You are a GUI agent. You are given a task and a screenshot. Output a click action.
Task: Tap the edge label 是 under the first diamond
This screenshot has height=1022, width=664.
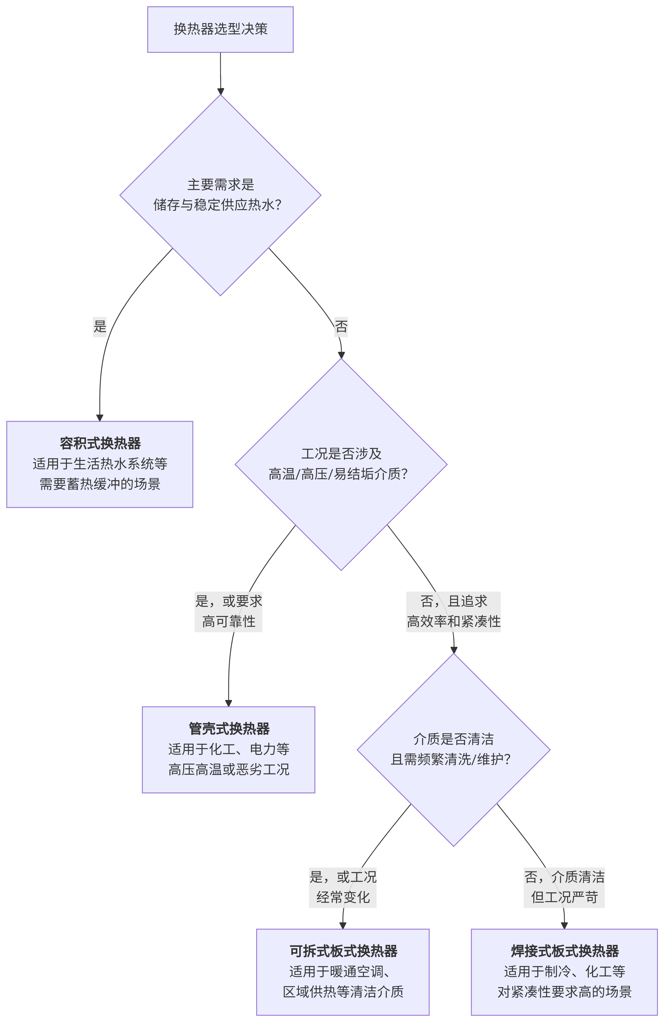(100, 326)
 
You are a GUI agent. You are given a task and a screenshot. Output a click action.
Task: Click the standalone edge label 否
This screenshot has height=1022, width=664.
(341, 326)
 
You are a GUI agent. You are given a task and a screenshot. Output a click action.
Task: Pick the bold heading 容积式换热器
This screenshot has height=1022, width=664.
(100, 443)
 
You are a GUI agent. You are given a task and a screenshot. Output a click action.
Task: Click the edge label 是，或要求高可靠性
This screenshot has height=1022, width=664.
(229, 611)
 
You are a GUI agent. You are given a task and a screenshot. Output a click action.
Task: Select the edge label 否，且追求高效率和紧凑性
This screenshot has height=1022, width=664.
(453, 611)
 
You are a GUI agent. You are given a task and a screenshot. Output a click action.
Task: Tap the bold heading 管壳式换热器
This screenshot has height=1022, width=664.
(229, 729)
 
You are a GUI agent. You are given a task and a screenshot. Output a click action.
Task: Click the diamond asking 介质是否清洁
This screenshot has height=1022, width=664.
(453, 750)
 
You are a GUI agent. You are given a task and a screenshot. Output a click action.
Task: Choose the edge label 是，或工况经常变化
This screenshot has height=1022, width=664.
(343, 887)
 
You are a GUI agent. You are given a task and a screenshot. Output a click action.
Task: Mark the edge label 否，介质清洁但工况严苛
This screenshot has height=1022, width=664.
(564, 887)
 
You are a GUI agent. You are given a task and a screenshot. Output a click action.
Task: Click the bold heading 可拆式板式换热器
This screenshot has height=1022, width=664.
(343, 951)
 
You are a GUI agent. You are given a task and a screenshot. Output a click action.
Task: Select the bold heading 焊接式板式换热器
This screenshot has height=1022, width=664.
(564, 951)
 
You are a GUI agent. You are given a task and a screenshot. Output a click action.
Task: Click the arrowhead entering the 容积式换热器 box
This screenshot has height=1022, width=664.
(100, 417)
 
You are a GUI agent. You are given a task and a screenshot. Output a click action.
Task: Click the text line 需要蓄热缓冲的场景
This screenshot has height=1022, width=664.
(100, 484)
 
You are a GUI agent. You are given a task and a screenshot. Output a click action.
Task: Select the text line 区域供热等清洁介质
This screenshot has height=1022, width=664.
(343, 992)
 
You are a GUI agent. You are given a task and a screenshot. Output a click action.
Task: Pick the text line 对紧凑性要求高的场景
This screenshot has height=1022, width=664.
(564, 992)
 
